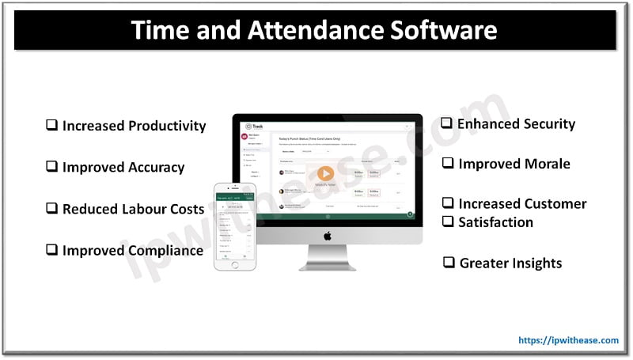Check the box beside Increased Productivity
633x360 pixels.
tap(51, 125)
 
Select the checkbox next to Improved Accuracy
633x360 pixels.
tap(51, 167)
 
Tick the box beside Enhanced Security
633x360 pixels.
tap(446, 123)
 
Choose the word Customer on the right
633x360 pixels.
tap(557, 203)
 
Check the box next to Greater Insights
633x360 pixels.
tap(449, 263)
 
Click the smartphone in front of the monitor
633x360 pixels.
tap(235, 226)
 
